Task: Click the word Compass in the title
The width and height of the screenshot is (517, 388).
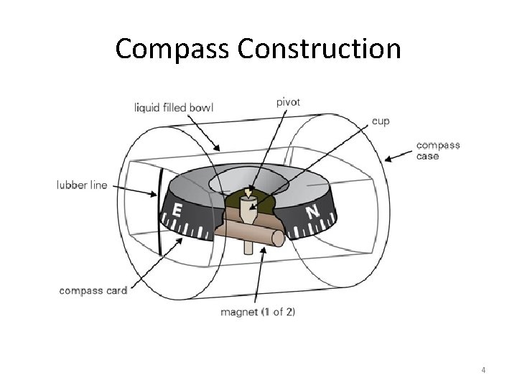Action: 173,49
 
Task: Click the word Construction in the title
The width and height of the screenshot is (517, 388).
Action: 319,49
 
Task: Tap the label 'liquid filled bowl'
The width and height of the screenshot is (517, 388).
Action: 174,108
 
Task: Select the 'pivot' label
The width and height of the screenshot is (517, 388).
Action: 288,102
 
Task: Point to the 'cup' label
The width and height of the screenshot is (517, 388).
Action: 381,121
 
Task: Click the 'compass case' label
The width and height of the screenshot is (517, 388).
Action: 438,150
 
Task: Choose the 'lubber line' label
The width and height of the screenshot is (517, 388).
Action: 82,185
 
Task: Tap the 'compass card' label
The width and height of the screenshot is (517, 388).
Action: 93,290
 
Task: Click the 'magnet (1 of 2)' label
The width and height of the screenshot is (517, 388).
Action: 258,312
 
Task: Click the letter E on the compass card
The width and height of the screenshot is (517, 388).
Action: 176,211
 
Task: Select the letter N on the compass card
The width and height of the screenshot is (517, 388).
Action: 312,212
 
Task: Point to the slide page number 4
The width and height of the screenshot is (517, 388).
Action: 483,370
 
